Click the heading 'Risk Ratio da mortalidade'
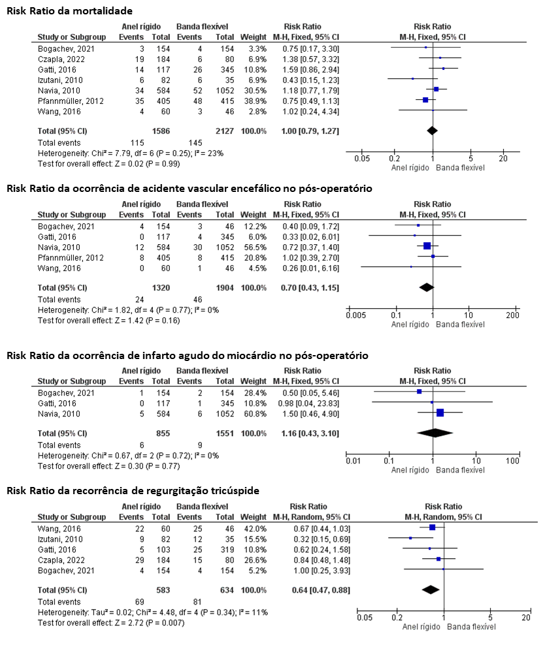pyautogui.click(x=69, y=11)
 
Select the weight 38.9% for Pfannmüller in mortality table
pyautogui.click(x=254, y=101)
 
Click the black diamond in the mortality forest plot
pyautogui.click(x=432, y=131)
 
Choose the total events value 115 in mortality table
pyautogui.click(x=137, y=143)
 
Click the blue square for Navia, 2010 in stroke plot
pyautogui.click(x=427, y=246)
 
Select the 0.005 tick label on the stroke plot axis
pyautogui.click(x=355, y=315)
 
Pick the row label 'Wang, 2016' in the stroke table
pyautogui.click(x=59, y=268)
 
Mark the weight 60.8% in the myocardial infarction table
pyautogui.click(x=254, y=414)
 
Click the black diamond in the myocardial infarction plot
pyautogui.click(x=435, y=433)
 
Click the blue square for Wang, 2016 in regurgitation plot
pyautogui.click(x=432, y=527)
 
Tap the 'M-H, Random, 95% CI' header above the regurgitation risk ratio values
pyautogui.click(x=312, y=517)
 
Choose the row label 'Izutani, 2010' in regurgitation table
pyautogui.click(x=60, y=539)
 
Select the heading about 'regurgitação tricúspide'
pyautogui.click(x=133, y=491)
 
